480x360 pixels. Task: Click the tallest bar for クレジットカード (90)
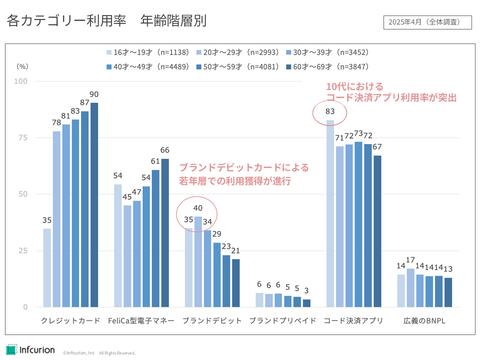(94, 205)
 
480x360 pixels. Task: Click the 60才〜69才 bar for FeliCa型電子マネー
(165, 232)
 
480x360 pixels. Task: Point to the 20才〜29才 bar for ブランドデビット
(198, 261)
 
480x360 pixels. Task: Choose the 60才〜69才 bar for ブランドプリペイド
(307, 303)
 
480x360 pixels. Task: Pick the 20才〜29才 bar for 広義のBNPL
(410, 287)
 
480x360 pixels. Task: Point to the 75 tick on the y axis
(23, 138)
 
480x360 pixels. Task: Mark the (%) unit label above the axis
(22, 65)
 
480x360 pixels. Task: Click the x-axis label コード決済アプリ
(353, 321)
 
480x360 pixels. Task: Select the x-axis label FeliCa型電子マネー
(141, 321)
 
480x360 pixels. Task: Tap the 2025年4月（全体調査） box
(427, 22)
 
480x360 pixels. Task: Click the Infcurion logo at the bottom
(30, 349)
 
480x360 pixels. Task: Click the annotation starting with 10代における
(391, 92)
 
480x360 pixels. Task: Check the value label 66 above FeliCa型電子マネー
(165, 150)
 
